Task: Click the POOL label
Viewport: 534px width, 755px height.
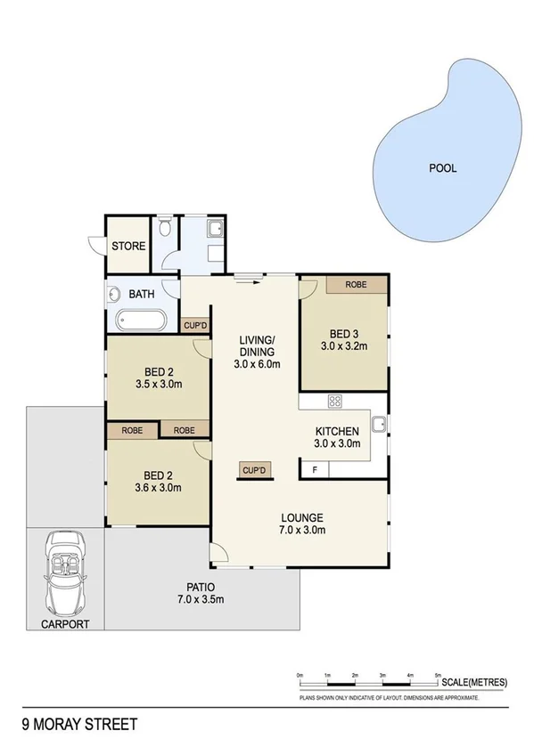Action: [x=442, y=167]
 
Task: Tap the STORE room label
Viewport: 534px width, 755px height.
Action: [x=128, y=245]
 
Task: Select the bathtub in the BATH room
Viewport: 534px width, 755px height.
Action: [x=138, y=319]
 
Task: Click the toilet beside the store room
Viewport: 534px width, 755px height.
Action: [x=164, y=230]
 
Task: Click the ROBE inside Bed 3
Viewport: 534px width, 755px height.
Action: [x=357, y=285]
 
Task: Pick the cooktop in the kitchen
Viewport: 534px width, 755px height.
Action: [x=335, y=402]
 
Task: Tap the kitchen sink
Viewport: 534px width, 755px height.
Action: [x=378, y=424]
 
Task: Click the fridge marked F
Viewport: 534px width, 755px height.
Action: [x=314, y=469]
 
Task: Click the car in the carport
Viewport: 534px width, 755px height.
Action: [x=63, y=570]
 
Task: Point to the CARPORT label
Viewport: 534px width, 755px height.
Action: [x=65, y=624]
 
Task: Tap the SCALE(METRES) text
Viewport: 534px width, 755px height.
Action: [x=474, y=682]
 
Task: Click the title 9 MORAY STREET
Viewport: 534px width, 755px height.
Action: [x=79, y=725]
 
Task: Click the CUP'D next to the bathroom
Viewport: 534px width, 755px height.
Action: [x=196, y=326]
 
